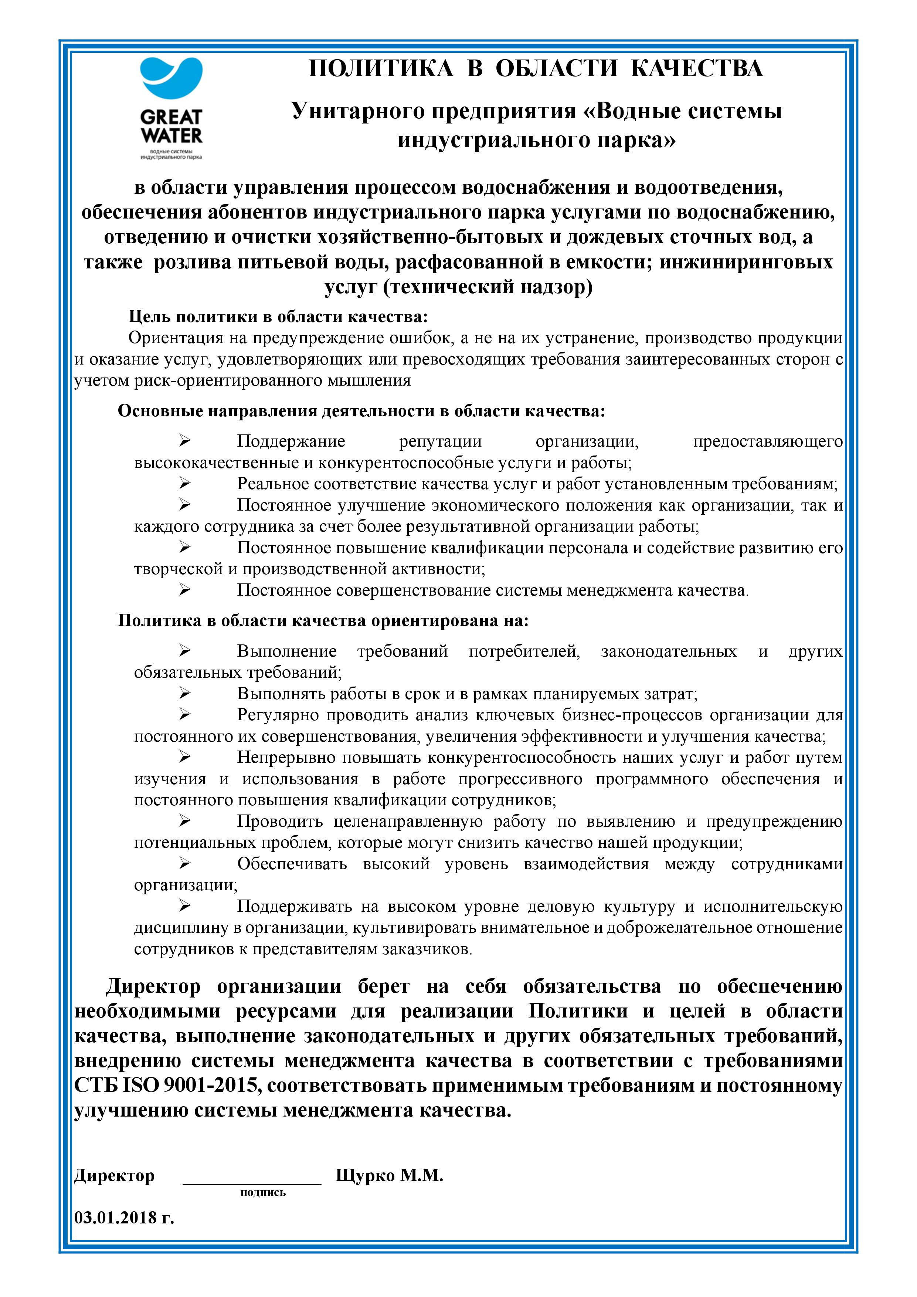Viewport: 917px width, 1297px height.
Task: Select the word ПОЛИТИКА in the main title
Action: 381,68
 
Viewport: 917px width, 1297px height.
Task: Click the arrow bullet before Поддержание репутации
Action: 185,441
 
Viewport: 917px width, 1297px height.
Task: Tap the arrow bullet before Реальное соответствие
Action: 185,484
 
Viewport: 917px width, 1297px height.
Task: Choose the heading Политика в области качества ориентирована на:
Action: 323,621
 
